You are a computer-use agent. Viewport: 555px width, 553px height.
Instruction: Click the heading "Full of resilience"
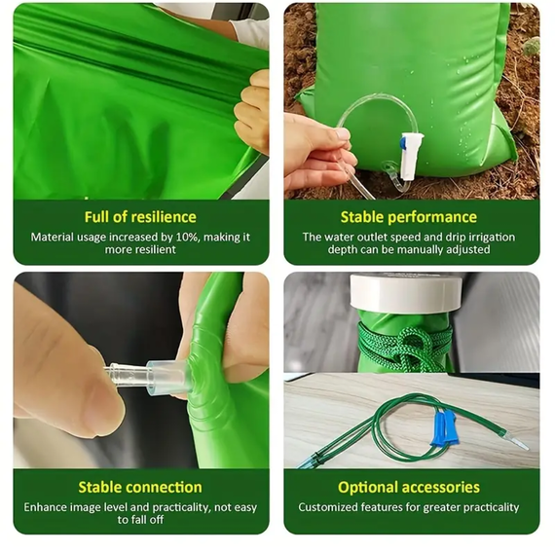click(x=140, y=217)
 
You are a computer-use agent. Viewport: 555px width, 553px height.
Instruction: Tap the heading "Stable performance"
click(x=409, y=217)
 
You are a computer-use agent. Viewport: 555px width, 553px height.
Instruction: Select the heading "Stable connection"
click(x=140, y=487)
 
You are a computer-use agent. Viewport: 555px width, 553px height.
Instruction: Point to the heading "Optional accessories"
click(x=409, y=488)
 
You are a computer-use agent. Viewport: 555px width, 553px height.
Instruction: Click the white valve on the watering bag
click(x=411, y=157)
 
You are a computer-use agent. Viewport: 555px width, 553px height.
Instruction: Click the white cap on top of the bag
click(x=406, y=292)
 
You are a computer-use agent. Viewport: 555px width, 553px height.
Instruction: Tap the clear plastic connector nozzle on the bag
click(x=149, y=377)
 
